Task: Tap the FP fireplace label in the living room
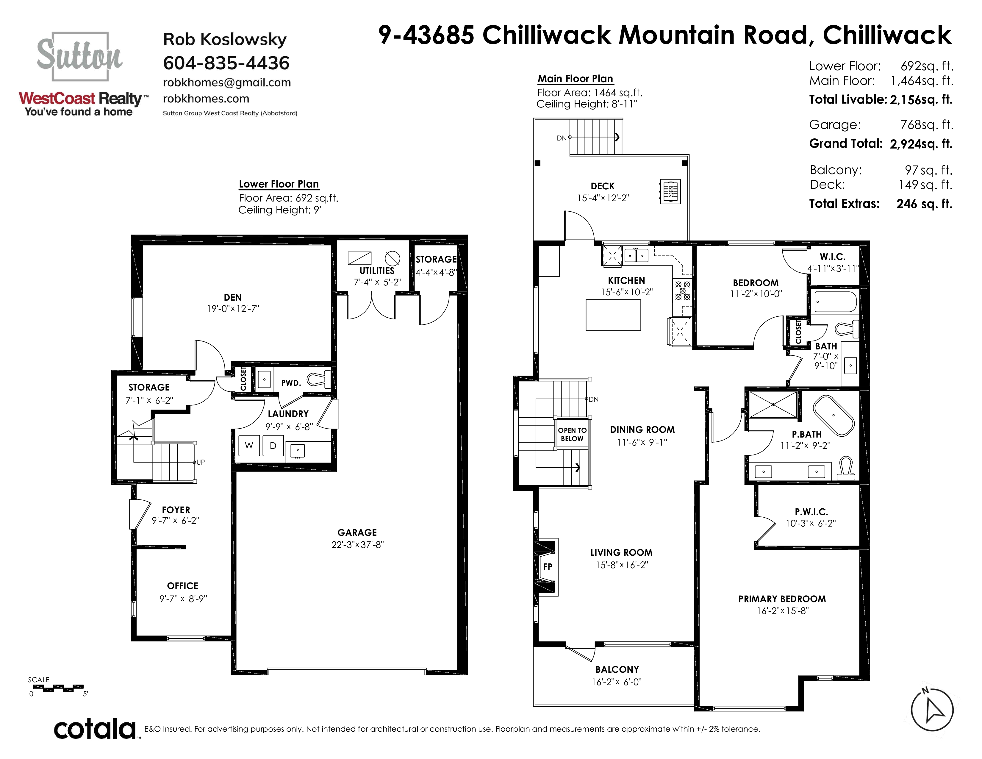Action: (x=547, y=566)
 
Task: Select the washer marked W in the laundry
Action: (x=249, y=445)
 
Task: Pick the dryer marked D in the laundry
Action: (x=273, y=445)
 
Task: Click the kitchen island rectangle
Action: (x=613, y=315)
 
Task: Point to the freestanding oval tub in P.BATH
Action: (x=834, y=416)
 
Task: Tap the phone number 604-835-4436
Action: (x=226, y=63)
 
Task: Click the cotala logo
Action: (x=95, y=729)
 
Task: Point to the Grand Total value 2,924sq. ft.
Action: (x=921, y=144)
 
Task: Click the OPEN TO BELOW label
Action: (x=572, y=434)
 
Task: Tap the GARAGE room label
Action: (x=357, y=532)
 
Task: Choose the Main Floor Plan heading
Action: (x=575, y=79)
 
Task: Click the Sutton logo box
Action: (x=80, y=56)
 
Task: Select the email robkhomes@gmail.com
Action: (x=227, y=82)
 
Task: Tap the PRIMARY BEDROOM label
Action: (x=782, y=599)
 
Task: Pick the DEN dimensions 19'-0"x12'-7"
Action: (x=233, y=309)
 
